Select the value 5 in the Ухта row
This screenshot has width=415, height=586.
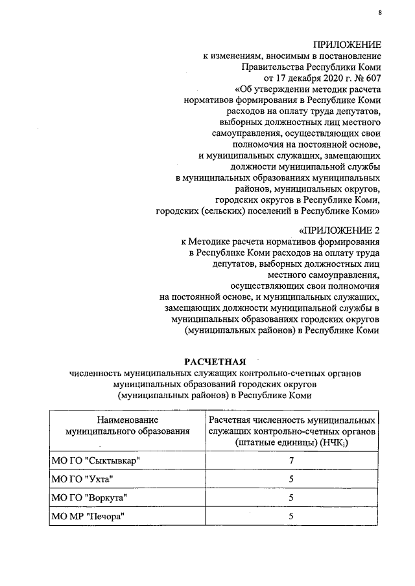[292, 479]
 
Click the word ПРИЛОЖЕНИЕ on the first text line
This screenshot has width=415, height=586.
[346, 44]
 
